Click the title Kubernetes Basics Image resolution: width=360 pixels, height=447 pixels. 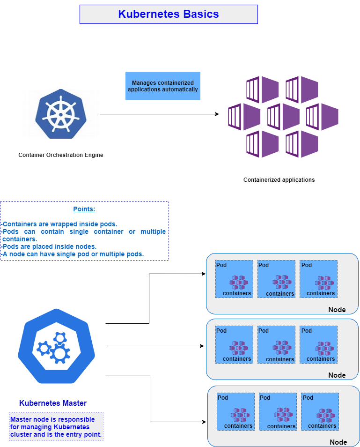tap(169, 14)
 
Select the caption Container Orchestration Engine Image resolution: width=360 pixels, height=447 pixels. tap(61, 155)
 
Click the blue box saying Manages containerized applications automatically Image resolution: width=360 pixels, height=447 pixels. tap(162, 86)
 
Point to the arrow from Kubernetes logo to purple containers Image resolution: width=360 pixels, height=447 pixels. tap(159, 114)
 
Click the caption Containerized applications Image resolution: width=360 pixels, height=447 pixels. tap(279, 179)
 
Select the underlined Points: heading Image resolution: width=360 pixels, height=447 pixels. tap(84, 209)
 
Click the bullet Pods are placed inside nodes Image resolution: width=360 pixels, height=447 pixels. tap(56, 246)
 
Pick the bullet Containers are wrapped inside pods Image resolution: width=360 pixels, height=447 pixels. tap(60, 224)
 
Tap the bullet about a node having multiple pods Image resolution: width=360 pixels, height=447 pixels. tap(73, 254)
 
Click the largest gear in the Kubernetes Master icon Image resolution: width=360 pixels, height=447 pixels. tap(60, 353)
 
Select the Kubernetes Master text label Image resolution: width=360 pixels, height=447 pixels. tap(53, 403)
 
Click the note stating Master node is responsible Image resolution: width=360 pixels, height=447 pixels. tap(56, 427)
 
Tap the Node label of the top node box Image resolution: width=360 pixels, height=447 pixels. tap(337, 309)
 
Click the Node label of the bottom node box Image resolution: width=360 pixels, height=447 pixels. tap(338, 442)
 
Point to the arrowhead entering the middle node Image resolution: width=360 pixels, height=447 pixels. tap(202, 346)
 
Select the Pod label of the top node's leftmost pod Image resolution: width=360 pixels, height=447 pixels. tap(221, 265)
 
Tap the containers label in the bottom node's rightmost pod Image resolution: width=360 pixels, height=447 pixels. tap(322, 426)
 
